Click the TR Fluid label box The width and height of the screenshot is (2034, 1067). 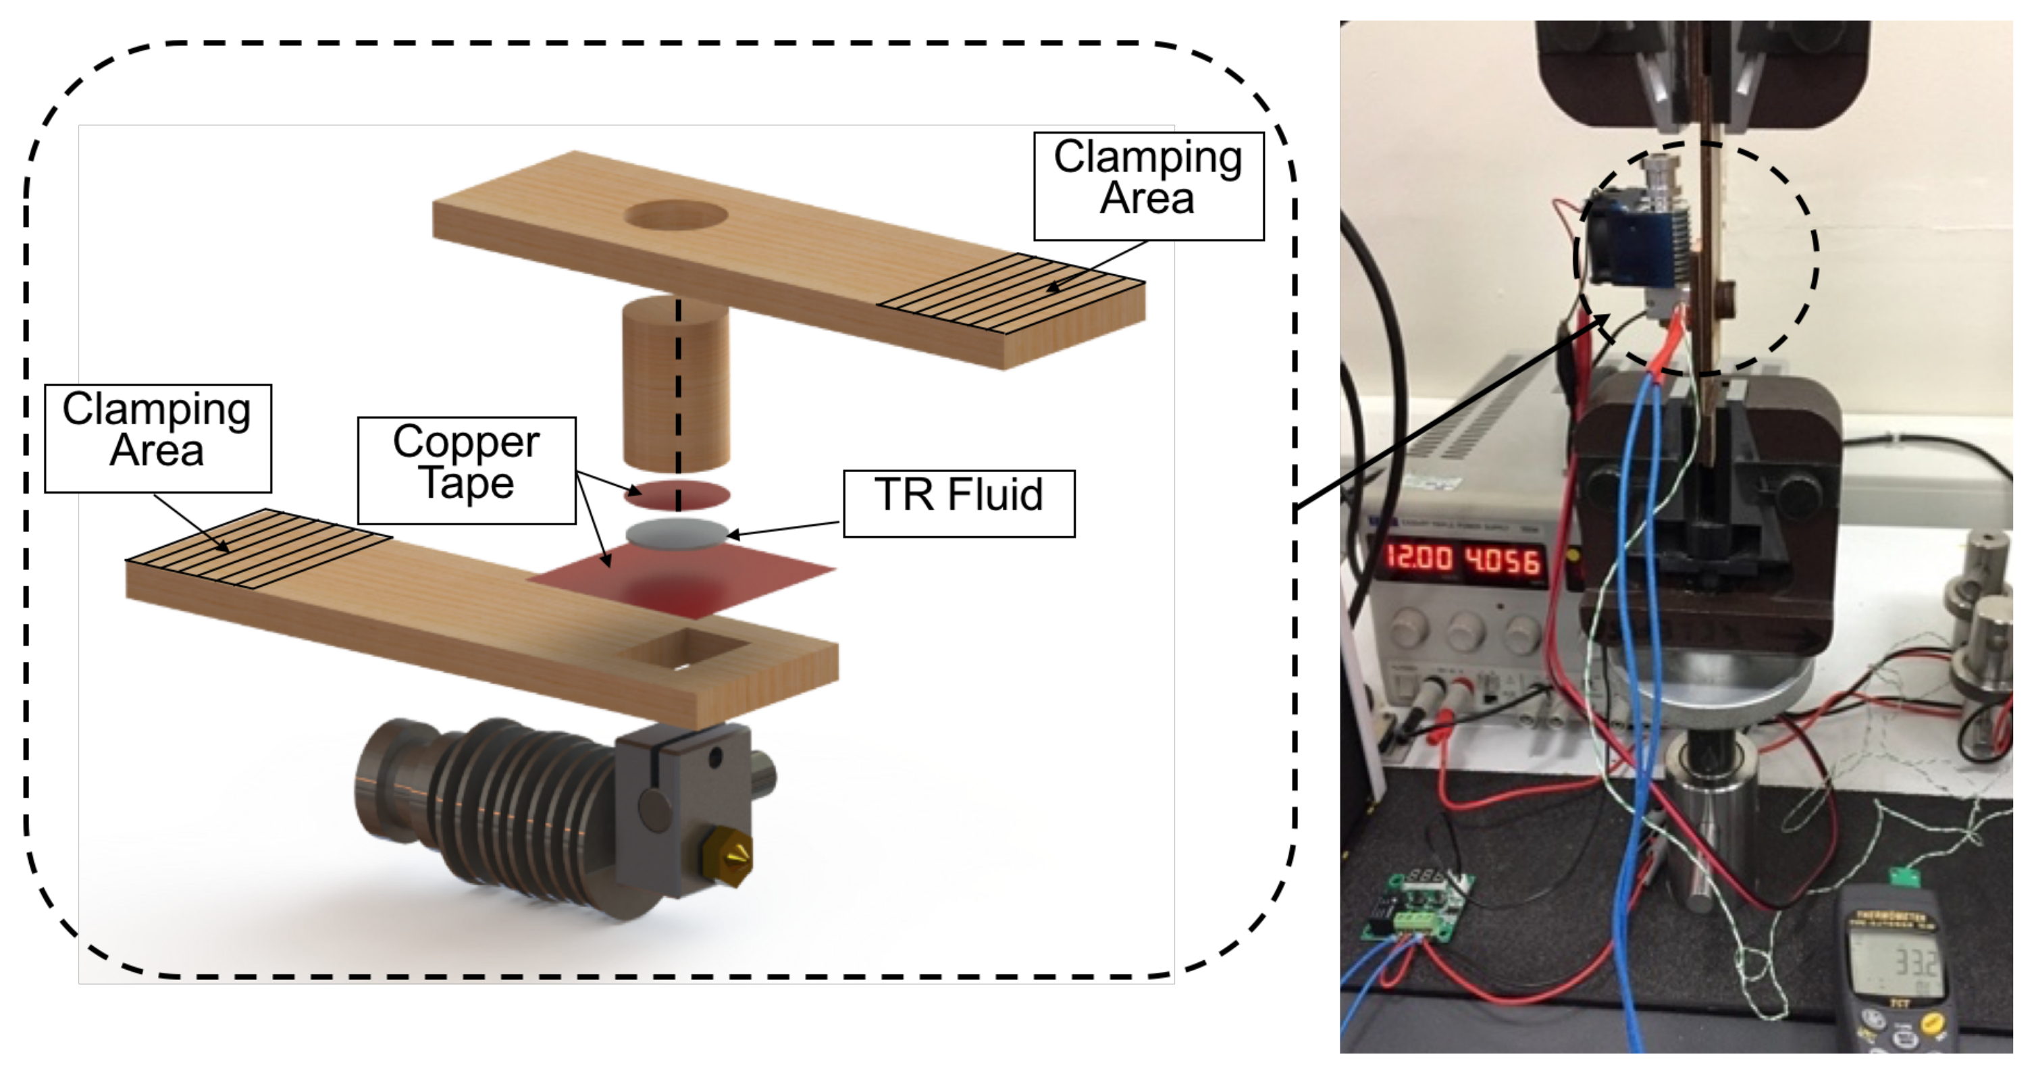(x=958, y=503)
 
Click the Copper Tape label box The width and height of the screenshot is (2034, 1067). (x=466, y=470)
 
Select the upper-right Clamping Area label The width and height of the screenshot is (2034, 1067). (x=1148, y=186)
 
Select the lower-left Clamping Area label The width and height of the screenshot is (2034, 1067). (x=157, y=438)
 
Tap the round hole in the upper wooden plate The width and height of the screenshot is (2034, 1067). (x=676, y=215)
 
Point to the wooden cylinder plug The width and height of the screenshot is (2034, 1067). (x=675, y=383)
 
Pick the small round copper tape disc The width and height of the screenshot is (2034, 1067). (x=677, y=495)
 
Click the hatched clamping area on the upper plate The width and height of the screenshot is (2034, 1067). (x=1013, y=292)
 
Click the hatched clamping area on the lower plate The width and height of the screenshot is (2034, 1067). (x=258, y=547)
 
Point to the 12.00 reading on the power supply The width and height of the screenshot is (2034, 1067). (x=1419, y=558)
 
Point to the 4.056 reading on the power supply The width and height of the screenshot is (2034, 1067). (x=1503, y=561)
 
